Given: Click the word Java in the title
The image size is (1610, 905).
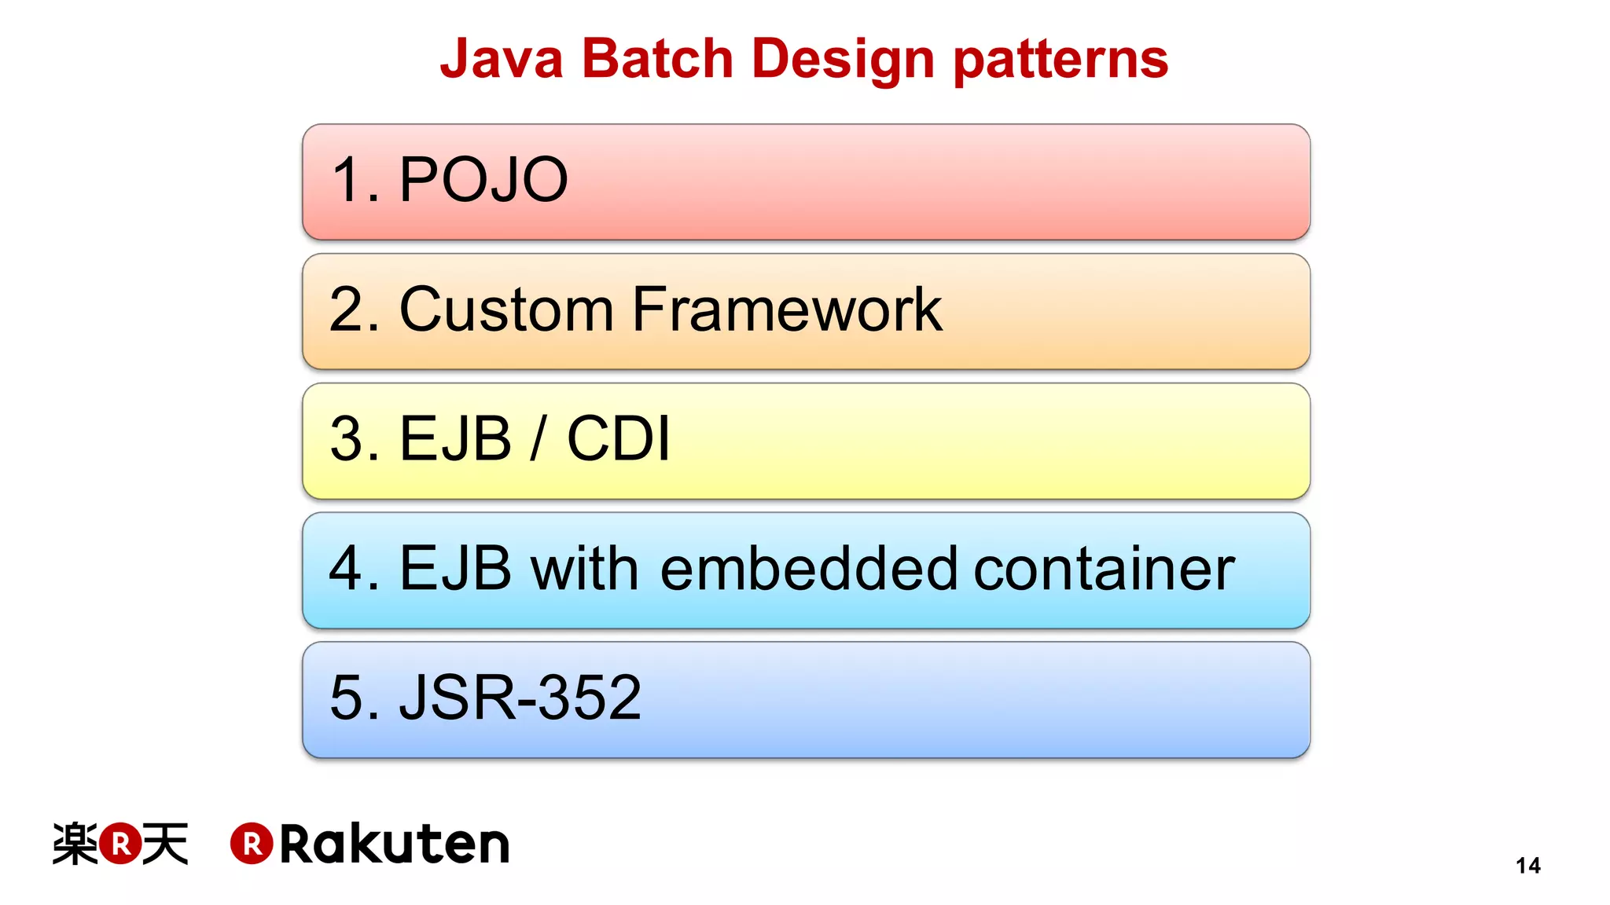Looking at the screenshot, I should pyautogui.click(x=502, y=59).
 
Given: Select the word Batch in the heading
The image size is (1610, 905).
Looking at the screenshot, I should pyautogui.click(x=657, y=59).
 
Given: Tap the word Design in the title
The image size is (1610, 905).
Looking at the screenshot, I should pyautogui.click(x=843, y=60).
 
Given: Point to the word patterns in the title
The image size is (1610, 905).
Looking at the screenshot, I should pyautogui.click(x=1060, y=60).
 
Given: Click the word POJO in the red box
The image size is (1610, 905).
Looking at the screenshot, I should pyautogui.click(x=483, y=180).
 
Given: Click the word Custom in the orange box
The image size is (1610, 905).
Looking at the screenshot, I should pyautogui.click(x=506, y=310).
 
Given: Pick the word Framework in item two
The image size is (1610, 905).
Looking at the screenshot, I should pyautogui.click(x=787, y=310).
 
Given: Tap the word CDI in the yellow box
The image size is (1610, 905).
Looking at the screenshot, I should pyautogui.click(x=619, y=438).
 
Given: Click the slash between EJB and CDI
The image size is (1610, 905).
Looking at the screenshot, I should pyautogui.click(x=538, y=438).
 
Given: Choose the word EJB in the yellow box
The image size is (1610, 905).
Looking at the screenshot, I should pyautogui.click(x=456, y=438).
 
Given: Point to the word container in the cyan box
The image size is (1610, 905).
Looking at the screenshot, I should pyautogui.click(x=1104, y=568).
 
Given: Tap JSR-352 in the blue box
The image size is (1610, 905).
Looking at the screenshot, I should pyautogui.click(x=520, y=697).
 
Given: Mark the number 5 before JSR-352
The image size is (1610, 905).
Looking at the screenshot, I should pyautogui.click(x=345, y=697).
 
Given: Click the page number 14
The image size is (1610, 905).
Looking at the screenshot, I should pyautogui.click(x=1527, y=866).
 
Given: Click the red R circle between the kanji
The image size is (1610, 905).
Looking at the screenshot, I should pyautogui.click(x=120, y=844).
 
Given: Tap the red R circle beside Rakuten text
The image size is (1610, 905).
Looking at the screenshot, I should pyautogui.click(x=252, y=845).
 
